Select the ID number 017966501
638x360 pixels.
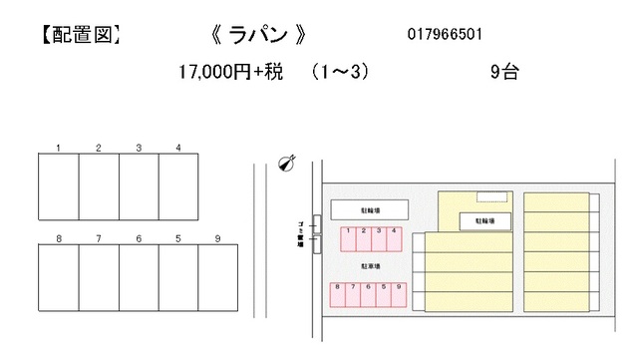[446, 35]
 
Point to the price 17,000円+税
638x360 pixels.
[226, 72]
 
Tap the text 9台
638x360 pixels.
[504, 72]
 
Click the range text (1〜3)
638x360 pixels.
[339, 72]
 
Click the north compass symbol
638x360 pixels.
[286, 162]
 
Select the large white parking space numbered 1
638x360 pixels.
[59, 186]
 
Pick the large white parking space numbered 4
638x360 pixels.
[177, 186]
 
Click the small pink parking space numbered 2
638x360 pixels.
[365, 238]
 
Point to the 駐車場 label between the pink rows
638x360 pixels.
[370, 267]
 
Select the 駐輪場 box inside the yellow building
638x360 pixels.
[484, 219]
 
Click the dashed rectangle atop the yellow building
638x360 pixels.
[488, 195]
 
